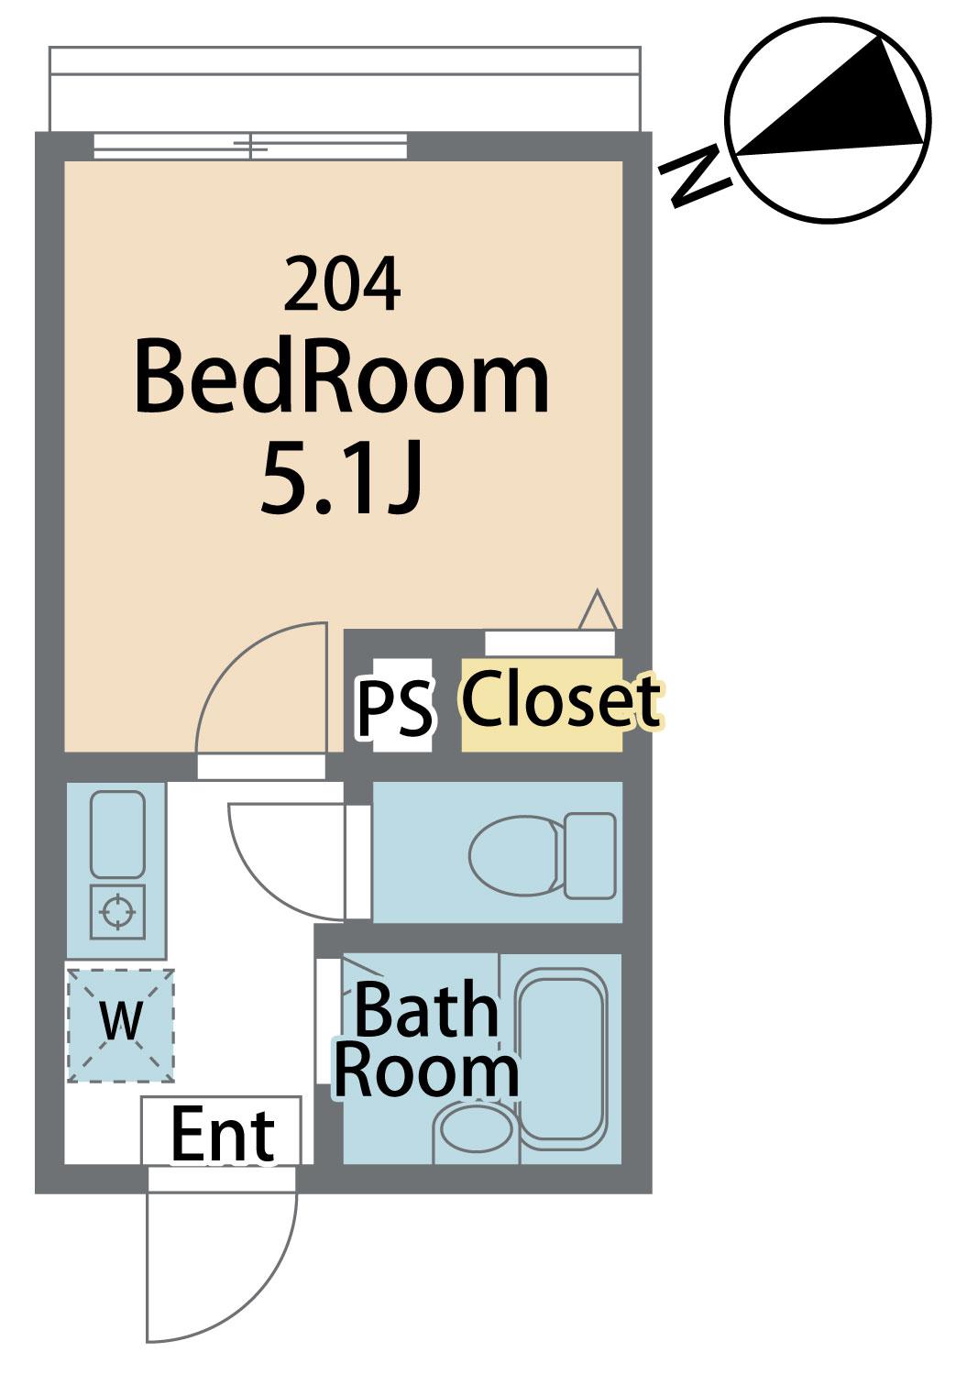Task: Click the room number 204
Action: click(342, 285)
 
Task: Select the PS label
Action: click(395, 708)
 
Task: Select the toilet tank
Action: click(589, 856)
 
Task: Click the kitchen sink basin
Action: click(117, 834)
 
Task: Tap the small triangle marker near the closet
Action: click(598, 610)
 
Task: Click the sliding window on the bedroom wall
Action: click(250, 147)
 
